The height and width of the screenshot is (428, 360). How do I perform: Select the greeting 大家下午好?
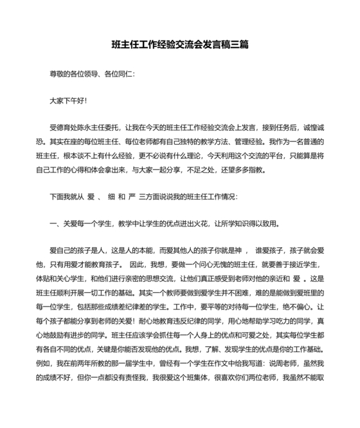[67, 100]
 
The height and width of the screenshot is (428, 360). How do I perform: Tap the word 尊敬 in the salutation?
[57, 73]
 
